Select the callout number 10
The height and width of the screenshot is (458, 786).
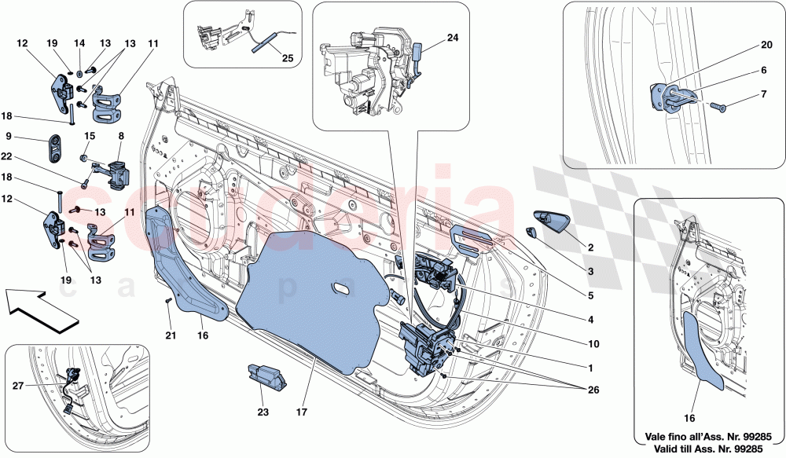pos(591,343)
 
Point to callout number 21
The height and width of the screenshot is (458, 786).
pos(169,334)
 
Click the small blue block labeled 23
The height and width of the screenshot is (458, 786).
pos(266,375)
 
